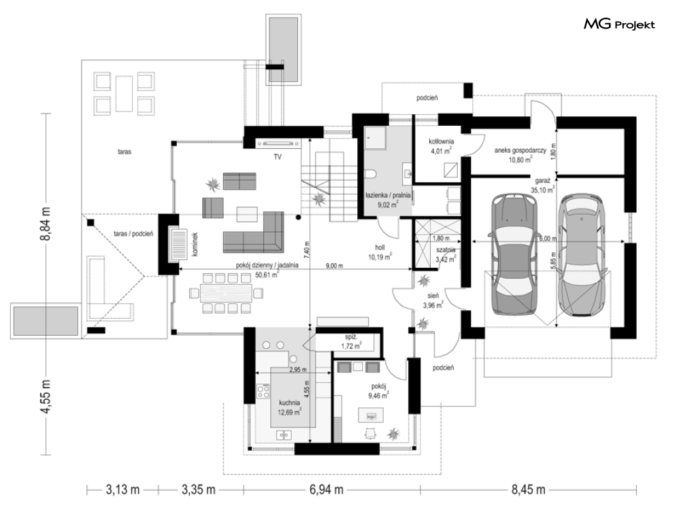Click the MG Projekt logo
pyautogui.click(x=619, y=24)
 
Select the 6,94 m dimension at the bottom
pyautogui.click(x=327, y=490)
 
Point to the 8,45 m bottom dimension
pyautogui.click(x=528, y=490)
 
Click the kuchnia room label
pyautogui.click(x=289, y=402)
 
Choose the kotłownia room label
pyautogui.click(x=441, y=141)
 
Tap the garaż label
pyautogui.click(x=542, y=181)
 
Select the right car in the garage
pyautogui.click(x=580, y=256)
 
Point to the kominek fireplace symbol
pyautogui.click(x=178, y=244)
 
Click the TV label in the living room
pyautogui.click(x=277, y=157)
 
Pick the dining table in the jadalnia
pyautogui.click(x=226, y=293)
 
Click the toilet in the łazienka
pyautogui.click(x=371, y=173)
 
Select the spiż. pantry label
pyautogui.click(x=351, y=337)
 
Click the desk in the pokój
pyautogui.click(x=371, y=415)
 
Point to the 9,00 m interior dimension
pyautogui.click(x=334, y=266)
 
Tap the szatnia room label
pyautogui.click(x=446, y=250)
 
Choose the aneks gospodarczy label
pyautogui.click(x=521, y=151)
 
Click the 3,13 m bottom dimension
pyautogui.click(x=122, y=490)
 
